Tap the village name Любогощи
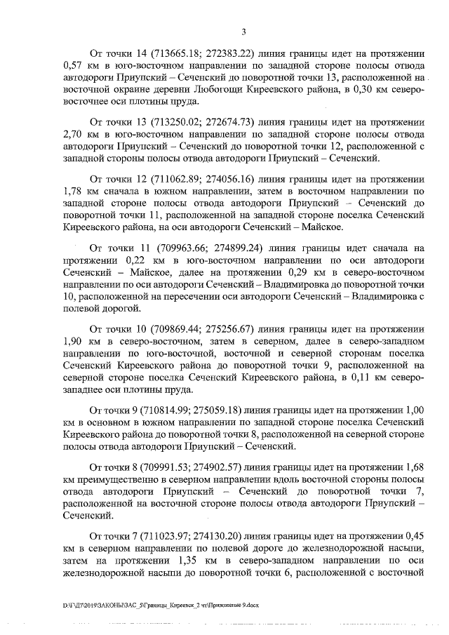click(x=246, y=91)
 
